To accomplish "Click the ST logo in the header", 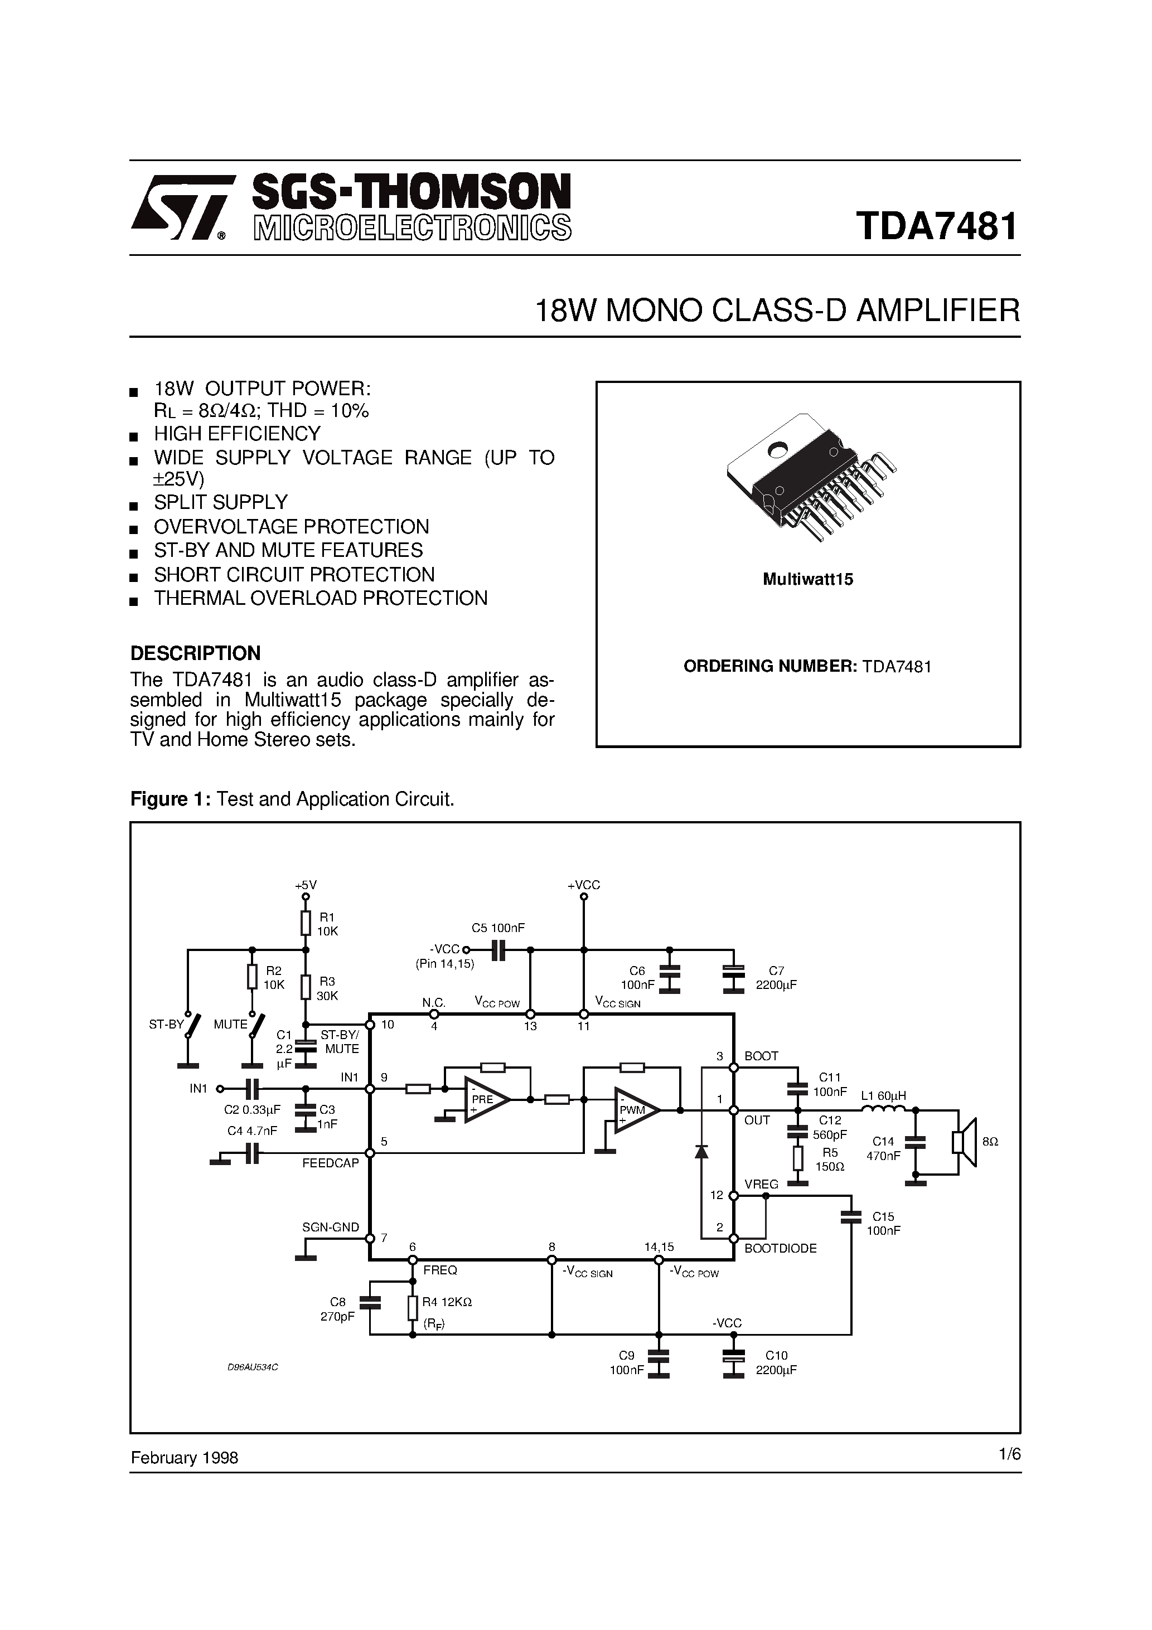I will tap(182, 207).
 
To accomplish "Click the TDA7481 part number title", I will tap(937, 226).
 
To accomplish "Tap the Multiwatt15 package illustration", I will tap(810, 477).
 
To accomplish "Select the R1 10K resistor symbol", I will tap(306, 924).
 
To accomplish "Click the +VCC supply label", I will tap(584, 885).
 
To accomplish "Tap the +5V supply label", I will tap(306, 885).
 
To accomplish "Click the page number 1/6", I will tap(1009, 1454).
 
